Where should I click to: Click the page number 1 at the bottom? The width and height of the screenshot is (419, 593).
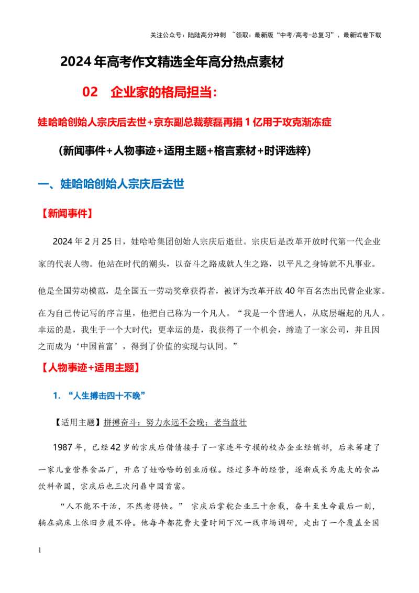40,550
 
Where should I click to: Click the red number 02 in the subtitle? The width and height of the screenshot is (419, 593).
90,92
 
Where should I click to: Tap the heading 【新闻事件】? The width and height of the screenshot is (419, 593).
65,213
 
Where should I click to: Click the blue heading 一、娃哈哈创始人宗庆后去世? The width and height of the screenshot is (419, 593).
111,184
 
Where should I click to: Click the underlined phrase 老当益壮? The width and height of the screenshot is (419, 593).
230,422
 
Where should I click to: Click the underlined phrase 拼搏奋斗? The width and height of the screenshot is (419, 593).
120,422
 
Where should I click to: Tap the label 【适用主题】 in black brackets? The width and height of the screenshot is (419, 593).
78,422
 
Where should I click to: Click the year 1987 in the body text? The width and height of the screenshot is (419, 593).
62,447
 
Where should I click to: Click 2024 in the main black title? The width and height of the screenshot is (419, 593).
76,62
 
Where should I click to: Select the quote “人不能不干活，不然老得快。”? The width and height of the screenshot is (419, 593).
122,506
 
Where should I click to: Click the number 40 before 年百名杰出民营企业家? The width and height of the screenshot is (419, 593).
290,291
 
